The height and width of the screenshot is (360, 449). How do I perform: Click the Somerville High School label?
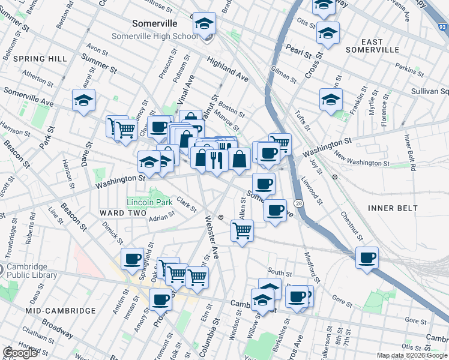click(155, 36)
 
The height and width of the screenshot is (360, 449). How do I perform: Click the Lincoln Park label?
click(149, 202)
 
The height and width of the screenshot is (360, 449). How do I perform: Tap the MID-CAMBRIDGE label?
click(61, 310)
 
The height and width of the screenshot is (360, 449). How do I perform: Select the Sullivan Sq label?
click(428, 92)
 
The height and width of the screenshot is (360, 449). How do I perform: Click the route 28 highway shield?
click(299, 204)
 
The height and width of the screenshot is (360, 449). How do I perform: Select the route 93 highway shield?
click(442, 26)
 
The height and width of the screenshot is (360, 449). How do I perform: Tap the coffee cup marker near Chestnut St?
click(367, 258)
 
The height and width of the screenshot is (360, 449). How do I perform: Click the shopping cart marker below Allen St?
click(242, 230)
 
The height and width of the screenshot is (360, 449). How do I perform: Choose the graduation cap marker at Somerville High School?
click(204, 25)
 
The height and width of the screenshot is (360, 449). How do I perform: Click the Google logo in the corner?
click(20, 353)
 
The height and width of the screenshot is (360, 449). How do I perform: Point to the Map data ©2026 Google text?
click(412, 355)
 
